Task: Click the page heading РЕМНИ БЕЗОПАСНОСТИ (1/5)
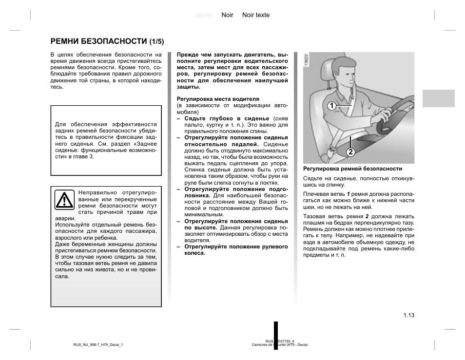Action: pos(107,41)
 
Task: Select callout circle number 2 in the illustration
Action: pos(350,152)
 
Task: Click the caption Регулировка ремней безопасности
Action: pos(352,169)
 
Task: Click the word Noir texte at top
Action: pos(256,15)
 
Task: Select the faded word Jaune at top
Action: pos(204,15)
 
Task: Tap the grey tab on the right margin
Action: pos(438,98)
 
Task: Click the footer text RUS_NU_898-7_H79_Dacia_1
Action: pos(98,345)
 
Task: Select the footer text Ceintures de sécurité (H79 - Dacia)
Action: pos(280,345)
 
